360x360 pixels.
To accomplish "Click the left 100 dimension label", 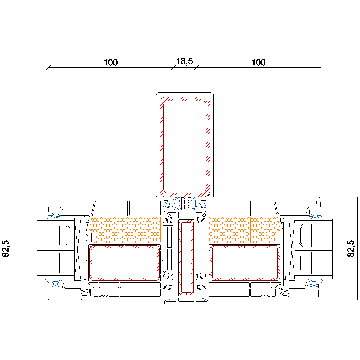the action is pyautogui.click(x=110, y=62).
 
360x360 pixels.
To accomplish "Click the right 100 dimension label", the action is pyautogui.click(x=258, y=62).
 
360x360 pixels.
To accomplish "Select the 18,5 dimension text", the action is pyautogui.click(x=184, y=61).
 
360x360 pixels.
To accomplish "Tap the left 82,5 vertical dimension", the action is pyautogui.click(x=6, y=248).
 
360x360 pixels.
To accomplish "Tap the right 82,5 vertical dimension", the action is pyautogui.click(x=351, y=248).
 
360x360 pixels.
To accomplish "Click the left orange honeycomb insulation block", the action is pyautogui.click(x=125, y=230).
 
